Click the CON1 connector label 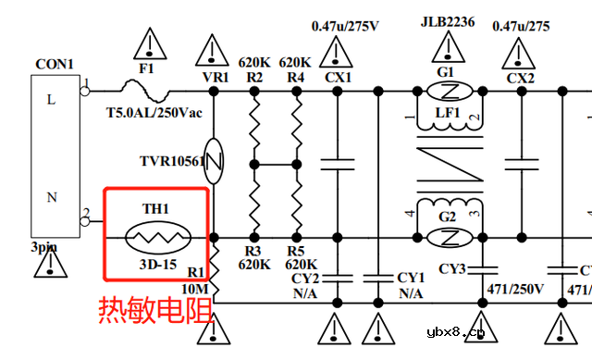point(54,65)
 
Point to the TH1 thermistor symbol point(156,238)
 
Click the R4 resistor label point(295,78)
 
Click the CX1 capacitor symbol point(338,164)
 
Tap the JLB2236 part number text point(448,23)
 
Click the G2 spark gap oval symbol point(448,238)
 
